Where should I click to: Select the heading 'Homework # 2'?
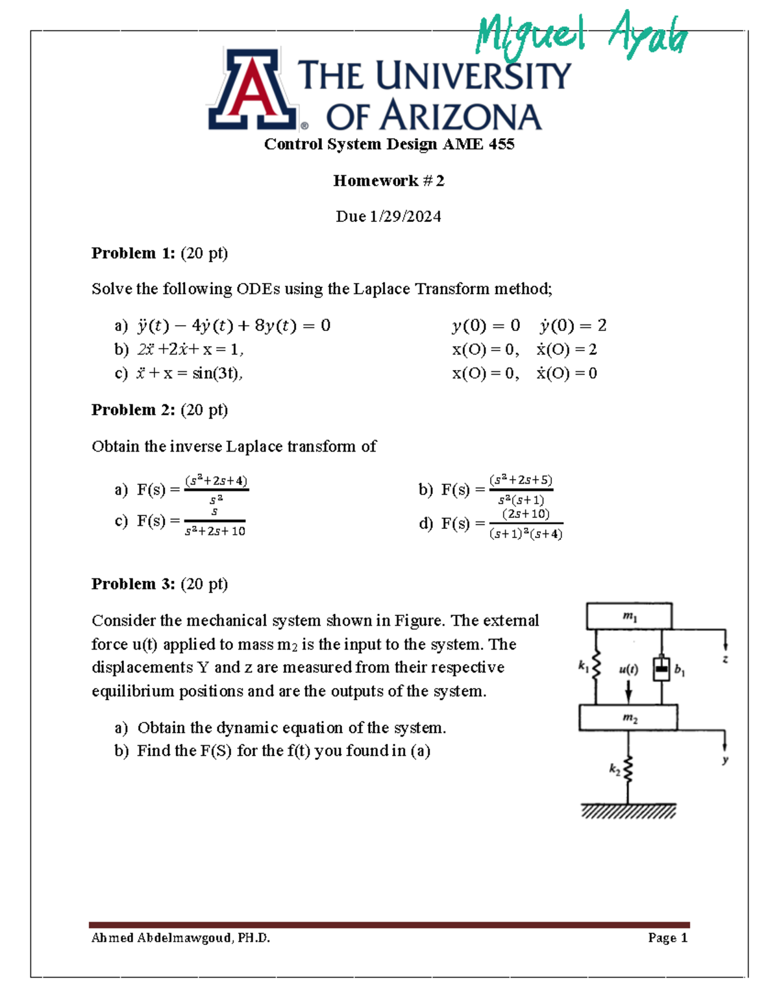(x=389, y=180)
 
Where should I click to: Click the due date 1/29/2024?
(x=405, y=216)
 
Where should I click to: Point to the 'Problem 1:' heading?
(x=133, y=252)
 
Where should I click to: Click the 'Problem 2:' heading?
(x=133, y=410)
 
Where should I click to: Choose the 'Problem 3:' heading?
(x=133, y=584)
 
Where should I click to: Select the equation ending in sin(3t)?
(x=189, y=373)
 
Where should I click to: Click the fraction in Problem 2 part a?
(x=216, y=489)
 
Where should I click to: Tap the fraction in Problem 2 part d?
(x=526, y=524)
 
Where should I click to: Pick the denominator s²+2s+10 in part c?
(x=215, y=531)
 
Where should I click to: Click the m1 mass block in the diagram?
(x=629, y=616)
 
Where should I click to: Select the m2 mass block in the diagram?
(x=628, y=718)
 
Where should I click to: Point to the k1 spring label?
(x=584, y=666)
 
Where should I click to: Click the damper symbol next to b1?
(x=661, y=668)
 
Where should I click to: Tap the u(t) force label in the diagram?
(x=628, y=669)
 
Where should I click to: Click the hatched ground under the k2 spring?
(x=628, y=811)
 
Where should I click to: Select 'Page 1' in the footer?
(x=667, y=938)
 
